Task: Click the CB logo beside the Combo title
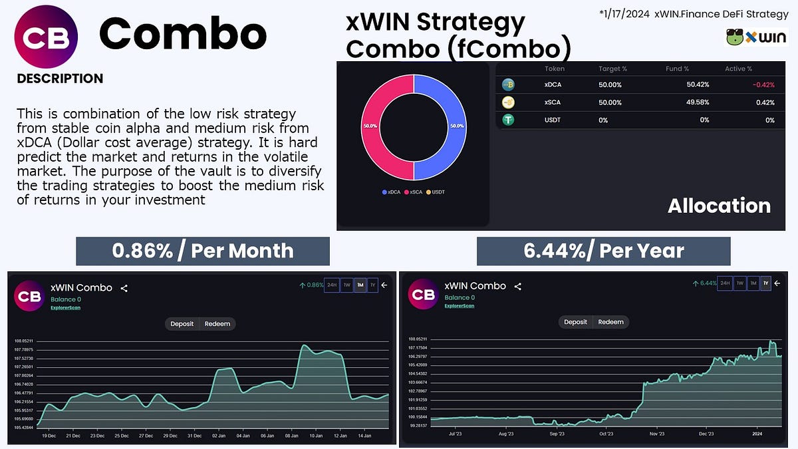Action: pyautogui.click(x=46, y=37)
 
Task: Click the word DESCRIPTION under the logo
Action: pyautogui.click(x=60, y=78)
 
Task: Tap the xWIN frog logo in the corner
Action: pyautogui.click(x=757, y=37)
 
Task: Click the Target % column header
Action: pyautogui.click(x=612, y=69)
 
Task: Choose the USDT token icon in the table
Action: pyautogui.click(x=508, y=120)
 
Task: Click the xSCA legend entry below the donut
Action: pyautogui.click(x=416, y=192)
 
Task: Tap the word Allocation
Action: pyautogui.click(x=719, y=206)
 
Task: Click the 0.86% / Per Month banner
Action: pyautogui.click(x=202, y=251)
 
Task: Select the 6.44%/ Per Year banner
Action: pyautogui.click(x=603, y=251)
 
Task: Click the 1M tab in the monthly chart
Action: pyautogui.click(x=360, y=285)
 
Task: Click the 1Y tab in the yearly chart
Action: pyautogui.click(x=765, y=283)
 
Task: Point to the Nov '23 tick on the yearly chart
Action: pyautogui.click(x=656, y=434)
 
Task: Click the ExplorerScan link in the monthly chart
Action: pyautogui.click(x=65, y=308)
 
